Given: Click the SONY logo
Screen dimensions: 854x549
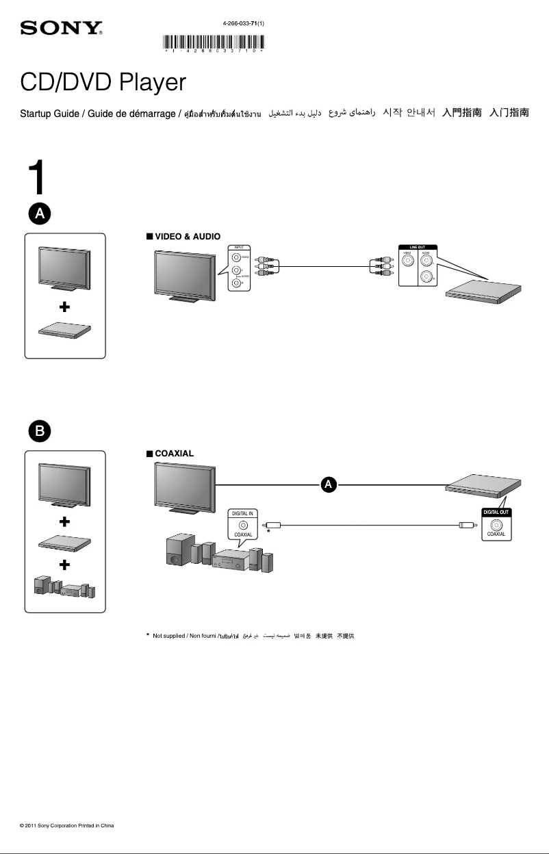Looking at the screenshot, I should click(62, 28).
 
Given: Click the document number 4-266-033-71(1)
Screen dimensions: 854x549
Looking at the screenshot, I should click(244, 23).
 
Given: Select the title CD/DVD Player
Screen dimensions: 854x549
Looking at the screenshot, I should click(103, 83).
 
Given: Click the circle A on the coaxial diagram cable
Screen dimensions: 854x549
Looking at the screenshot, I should click(329, 484).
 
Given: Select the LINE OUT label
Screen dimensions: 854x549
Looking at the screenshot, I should click(418, 246).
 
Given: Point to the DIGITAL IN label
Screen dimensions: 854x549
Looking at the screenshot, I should click(243, 513).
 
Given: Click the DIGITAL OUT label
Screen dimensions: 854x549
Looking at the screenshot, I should click(496, 512).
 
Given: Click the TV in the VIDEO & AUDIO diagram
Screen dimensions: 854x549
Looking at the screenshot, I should click(183, 274).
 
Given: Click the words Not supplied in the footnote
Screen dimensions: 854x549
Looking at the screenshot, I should click(168, 636).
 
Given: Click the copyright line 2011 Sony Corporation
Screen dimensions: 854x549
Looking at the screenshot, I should click(67, 826).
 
